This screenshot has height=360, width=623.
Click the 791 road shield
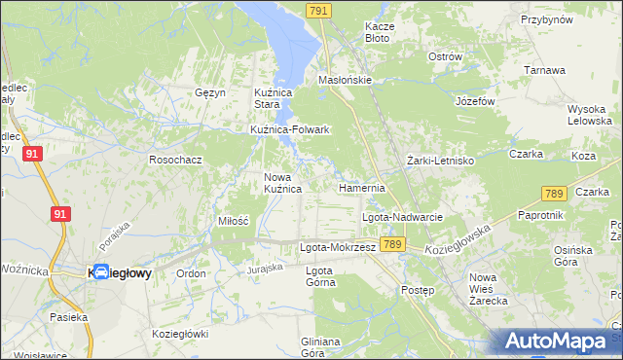tap(318, 10)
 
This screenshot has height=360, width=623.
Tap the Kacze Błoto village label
tap(377, 32)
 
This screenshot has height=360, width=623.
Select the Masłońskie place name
tap(346, 80)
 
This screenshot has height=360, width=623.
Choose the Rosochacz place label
tap(174, 159)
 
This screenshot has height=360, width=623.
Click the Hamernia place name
tap(362, 187)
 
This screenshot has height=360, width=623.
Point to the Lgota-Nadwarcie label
tap(403, 217)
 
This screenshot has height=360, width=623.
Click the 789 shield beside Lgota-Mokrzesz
tap(392, 244)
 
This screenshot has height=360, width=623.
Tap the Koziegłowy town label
tap(120, 274)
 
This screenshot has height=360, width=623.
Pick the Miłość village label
tap(234, 221)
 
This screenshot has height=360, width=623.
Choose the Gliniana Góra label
tap(320, 346)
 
